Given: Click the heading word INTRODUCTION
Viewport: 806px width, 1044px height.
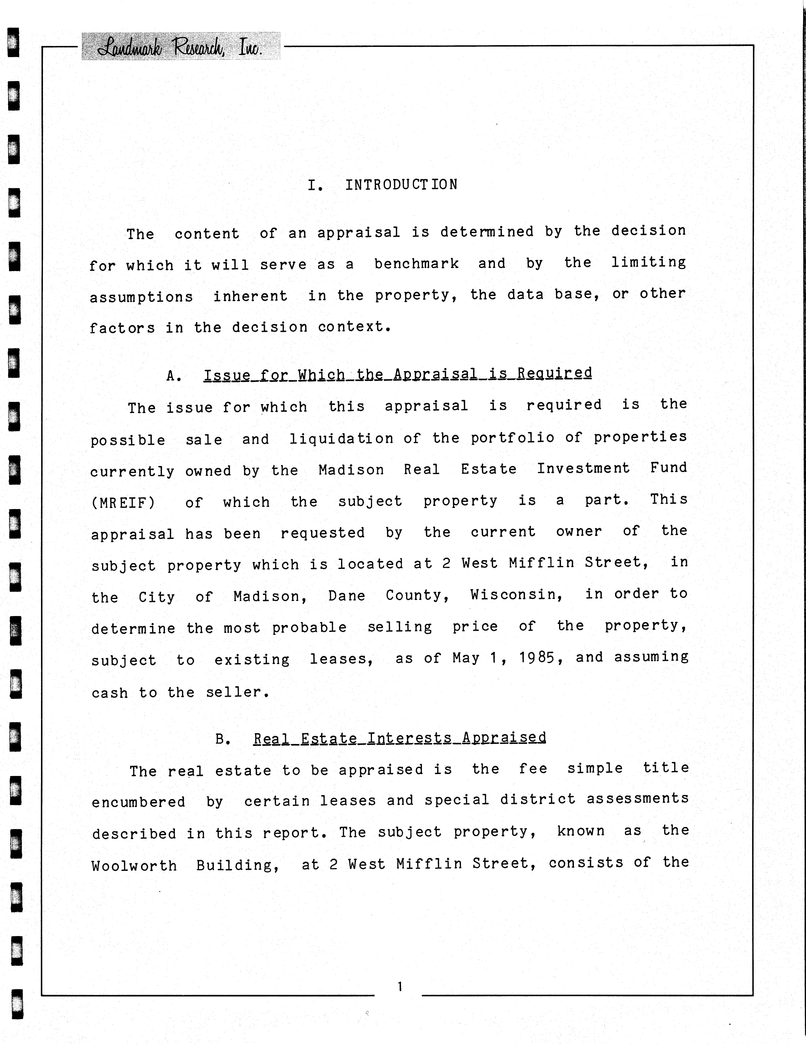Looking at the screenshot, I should point(401,185).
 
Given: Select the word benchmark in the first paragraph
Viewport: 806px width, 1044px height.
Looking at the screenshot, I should point(416,263).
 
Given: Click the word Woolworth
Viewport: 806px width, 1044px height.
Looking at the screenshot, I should point(134,866).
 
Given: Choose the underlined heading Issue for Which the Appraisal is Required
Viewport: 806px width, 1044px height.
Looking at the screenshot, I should point(397,374).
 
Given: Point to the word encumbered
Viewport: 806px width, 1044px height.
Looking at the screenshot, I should point(139,802).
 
